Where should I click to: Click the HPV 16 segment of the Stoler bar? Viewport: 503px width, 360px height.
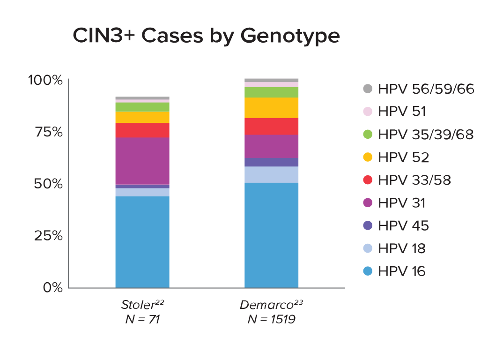pos(142,241)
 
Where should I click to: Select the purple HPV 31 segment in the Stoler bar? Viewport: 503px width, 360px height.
pos(142,161)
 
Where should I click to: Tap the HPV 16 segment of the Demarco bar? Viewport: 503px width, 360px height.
pos(271,235)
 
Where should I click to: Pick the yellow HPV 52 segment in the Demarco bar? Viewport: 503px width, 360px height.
pos(271,107)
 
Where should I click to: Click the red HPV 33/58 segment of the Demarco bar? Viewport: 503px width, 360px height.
pos(271,126)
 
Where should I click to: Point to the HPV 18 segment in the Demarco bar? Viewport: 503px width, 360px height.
pos(271,174)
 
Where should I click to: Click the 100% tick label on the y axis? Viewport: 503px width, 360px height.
pos(45,80)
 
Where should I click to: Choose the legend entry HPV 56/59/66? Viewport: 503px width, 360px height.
pos(426,89)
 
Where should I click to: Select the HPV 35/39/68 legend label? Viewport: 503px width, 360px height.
pos(426,135)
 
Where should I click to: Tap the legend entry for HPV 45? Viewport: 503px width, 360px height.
pos(403,225)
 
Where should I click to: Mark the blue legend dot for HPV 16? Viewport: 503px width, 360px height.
pos(368,271)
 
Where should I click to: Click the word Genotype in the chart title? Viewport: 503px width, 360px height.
pos(293,37)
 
